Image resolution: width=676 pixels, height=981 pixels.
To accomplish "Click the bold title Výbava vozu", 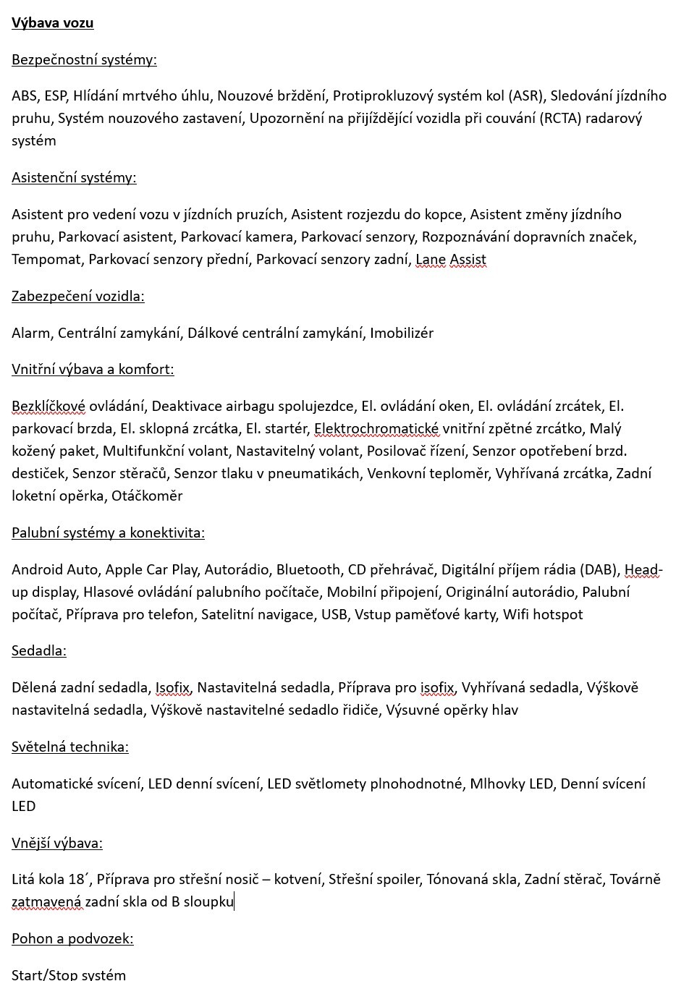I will pyautogui.click(x=52, y=23).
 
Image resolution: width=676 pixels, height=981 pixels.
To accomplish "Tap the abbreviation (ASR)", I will pyautogui.click(x=528, y=95).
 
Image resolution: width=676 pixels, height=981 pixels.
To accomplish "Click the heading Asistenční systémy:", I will pyautogui.click(x=74, y=177).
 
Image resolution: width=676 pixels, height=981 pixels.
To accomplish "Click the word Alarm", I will pyautogui.click(x=31, y=333).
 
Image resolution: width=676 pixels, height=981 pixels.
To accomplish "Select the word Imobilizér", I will pyautogui.click(x=402, y=333).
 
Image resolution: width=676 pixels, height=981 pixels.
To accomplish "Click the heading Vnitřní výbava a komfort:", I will pyautogui.click(x=93, y=370).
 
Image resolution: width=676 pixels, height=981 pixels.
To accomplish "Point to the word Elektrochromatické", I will pyautogui.click(x=376, y=429).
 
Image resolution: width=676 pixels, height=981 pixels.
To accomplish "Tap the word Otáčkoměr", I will pyautogui.click(x=147, y=496).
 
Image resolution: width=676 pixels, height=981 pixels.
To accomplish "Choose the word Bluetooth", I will pyautogui.click(x=308, y=569).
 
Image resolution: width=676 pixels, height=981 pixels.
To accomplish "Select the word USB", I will pyautogui.click(x=333, y=614).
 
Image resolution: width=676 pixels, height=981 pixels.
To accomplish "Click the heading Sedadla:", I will pyautogui.click(x=39, y=650).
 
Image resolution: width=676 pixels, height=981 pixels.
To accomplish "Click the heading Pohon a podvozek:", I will pyautogui.click(x=72, y=938).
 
